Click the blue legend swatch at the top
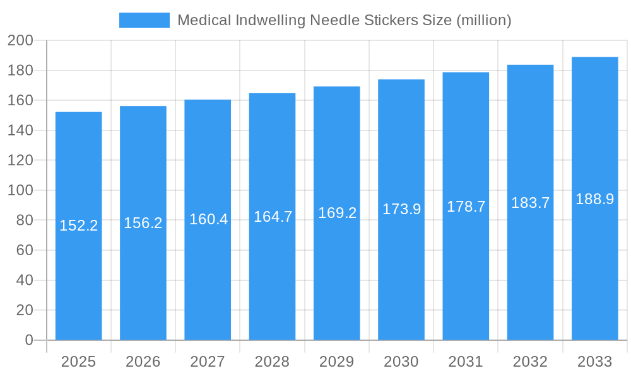pyautogui.click(x=144, y=20)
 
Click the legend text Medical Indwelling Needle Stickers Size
pyautogui.click(x=344, y=20)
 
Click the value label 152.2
pyautogui.click(x=79, y=226)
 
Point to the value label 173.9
pyautogui.click(x=401, y=209)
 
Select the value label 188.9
pyautogui.click(x=594, y=199)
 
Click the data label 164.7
pyautogui.click(x=273, y=217)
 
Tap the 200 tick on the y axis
pyautogui.click(x=20, y=41)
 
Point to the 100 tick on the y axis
pyautogui.click(x=20, y=190)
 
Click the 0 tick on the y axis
pyautogui.click(x=28, y=340)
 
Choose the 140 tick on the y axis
pyautogui.click(x=20, y=130)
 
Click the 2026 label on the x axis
pyautogui.click(x=143, y=362)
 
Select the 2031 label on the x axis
pyautogui.click(x=466, y=362)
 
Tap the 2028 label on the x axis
pyautogui.click(x=272, y=362)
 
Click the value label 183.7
pyautogui.click(x=530, y=203)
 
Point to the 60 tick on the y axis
pyautogui.click(x=24, y=250)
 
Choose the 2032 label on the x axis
pyautogui.click(x=530, y=362)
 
